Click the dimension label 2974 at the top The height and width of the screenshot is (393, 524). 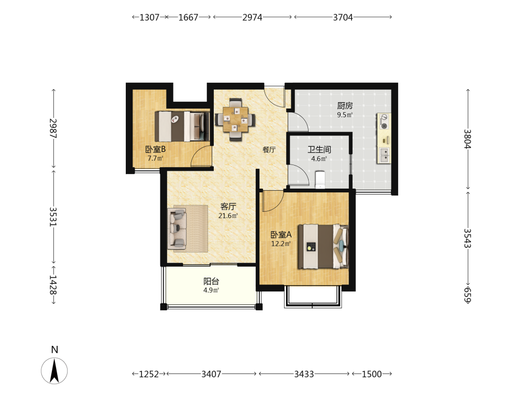(x=253, y=17)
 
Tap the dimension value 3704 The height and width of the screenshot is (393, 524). (x=343, y=17)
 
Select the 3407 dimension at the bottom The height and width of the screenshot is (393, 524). (x=211, y=374)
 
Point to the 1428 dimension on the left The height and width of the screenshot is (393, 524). (x=53, y=285)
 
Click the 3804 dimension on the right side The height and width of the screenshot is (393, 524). (x=467, y=139)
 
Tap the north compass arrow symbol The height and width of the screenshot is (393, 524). (x=54, y=370)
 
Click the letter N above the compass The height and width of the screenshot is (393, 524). (x=54, y=350)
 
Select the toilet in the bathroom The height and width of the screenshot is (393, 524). (x=320, y=179)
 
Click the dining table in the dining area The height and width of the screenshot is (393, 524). (x=235, y=119)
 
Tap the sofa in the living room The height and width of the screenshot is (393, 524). (x=177, y=229)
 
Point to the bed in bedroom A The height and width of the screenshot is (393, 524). (x=323, y=246)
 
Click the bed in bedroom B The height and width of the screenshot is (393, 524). (x=182, y=126)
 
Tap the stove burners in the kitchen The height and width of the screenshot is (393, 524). (x=384, y=122)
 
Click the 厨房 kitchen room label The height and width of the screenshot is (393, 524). (x=345, y=106)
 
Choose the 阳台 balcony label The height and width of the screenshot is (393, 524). (x=211, y=281)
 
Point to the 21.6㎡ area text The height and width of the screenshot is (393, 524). (x=228, y=216)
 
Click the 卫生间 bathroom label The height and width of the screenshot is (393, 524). (x=319, y=149)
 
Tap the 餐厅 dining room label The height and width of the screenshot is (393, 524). (x=269, y=149)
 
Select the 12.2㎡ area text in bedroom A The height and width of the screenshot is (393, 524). (x=281, y=244)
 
